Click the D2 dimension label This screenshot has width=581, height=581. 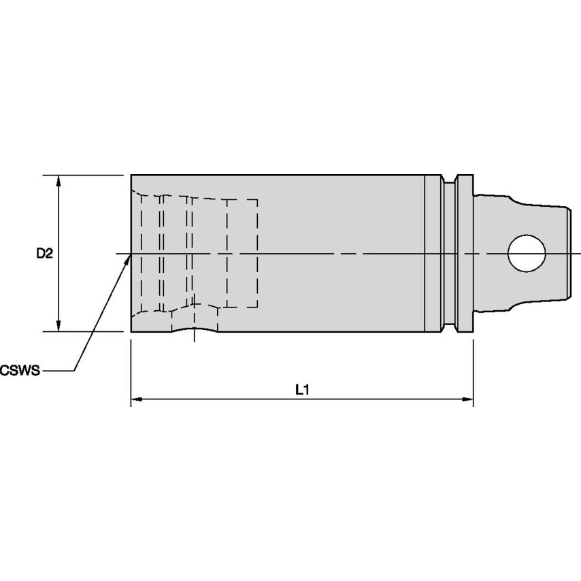44,254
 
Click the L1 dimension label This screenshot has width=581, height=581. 302,390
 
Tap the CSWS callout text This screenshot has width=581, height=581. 20,370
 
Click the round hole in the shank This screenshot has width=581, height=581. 527,254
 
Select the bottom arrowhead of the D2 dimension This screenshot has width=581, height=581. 59,326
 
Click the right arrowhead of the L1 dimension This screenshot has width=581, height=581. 467,399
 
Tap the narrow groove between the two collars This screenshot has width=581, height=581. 450,254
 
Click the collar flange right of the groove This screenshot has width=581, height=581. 465,254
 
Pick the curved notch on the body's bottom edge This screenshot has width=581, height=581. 194,330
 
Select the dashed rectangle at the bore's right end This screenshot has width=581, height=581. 242,254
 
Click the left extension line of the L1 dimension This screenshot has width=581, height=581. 131,373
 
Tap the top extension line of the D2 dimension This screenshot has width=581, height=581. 83,175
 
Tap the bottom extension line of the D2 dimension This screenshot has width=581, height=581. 83,331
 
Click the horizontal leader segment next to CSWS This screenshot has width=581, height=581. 57,370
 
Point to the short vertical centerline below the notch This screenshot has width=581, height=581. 194,335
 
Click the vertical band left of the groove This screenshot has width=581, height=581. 433,254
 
